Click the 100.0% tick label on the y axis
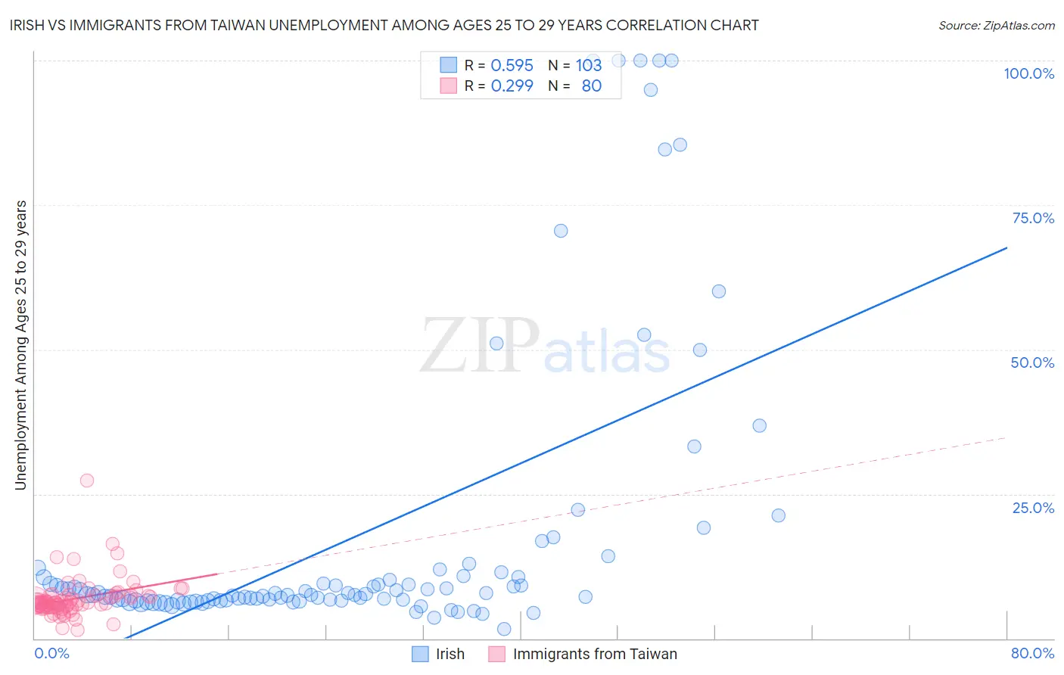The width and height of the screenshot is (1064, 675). pos(1028,73)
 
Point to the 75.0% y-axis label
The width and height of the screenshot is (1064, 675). pos(1033,218)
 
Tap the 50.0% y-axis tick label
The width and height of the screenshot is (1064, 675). pos(1032,362)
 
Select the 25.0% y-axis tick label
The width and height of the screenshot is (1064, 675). pos(1033,508)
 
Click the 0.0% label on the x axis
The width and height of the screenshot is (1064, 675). pos(51,653)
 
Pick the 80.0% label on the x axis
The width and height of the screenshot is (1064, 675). pos(1032,653)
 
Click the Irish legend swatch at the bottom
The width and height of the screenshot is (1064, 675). pos(420,654)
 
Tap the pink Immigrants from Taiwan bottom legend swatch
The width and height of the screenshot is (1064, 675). pos(496,654)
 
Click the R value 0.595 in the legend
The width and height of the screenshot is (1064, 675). pos(512,65)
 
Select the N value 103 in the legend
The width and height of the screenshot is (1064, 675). pos(588,65)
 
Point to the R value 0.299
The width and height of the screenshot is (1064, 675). pos(512,86)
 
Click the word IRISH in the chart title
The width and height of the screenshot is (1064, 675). pos(28,25)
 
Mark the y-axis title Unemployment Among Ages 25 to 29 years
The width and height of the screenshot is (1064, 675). pos(20,345)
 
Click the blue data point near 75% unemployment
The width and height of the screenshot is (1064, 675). pos(561,231)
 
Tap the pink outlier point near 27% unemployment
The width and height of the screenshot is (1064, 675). pos(87,481)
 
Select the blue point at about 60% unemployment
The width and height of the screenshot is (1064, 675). pos(719,291)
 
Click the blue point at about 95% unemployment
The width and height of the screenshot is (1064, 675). pos(651,89)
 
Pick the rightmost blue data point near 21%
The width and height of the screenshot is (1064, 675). pos(778,515)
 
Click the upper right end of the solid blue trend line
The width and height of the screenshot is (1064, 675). pos(1006,247)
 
